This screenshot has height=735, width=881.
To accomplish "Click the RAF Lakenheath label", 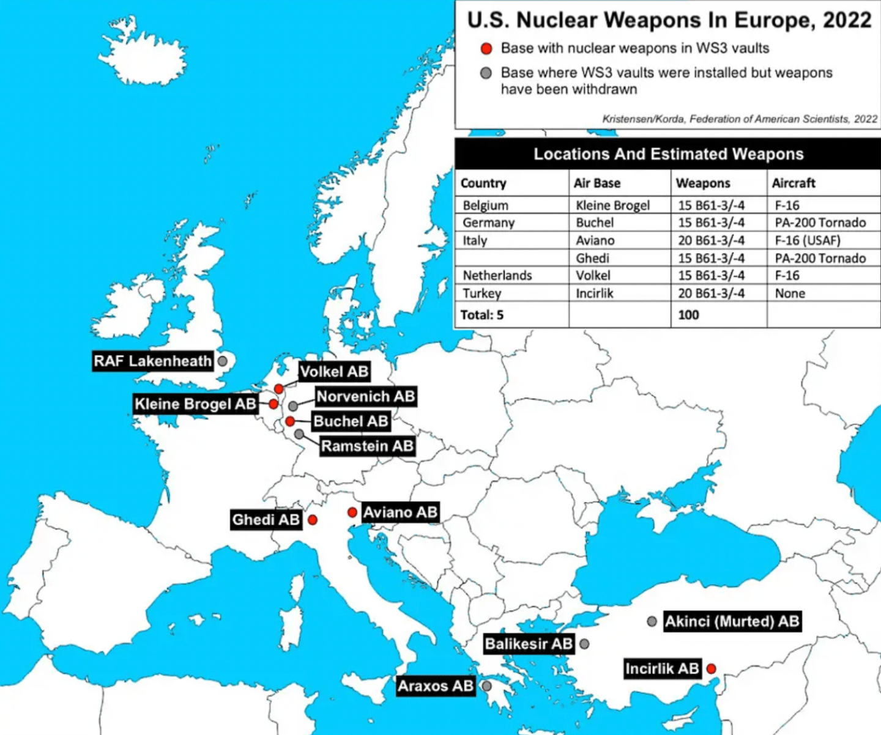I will [x=152, y=361].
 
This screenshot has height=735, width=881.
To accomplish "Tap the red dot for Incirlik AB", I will [x=711, y=668].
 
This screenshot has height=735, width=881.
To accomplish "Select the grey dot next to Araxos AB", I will [x=486, y=686].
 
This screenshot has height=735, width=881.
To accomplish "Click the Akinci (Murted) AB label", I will [x=732, y=622].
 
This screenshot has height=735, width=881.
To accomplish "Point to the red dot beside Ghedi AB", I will [x=313, y=520].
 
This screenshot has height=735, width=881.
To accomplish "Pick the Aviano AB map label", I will [x=400, y=512].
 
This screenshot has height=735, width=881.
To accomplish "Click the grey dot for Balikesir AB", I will [x=584, y=644].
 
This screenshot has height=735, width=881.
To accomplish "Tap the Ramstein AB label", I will [x=367, y=446].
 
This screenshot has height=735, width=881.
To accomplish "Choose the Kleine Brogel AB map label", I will [x=195, y=404].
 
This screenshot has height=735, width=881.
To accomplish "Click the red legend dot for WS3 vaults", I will [x=486, y=48].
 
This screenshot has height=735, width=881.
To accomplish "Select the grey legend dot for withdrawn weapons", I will [x=486, y=73].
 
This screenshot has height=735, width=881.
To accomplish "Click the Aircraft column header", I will [x=794, y=183].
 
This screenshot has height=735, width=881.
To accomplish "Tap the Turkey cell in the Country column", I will [x=481, y=294].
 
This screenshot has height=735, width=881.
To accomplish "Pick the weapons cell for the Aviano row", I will [x=711, y=240].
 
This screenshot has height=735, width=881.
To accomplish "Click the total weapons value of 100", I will [x=688, y=315].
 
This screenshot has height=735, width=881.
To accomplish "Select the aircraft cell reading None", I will [x=790, y=294].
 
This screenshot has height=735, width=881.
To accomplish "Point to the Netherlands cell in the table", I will [x=497, y=276].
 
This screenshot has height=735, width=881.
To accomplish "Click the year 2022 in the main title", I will [x=847, y=20].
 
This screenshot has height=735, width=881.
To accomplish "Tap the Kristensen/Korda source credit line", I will [x=739, y=119].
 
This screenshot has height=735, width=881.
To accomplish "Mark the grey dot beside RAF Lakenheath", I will [x=223, y=361].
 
